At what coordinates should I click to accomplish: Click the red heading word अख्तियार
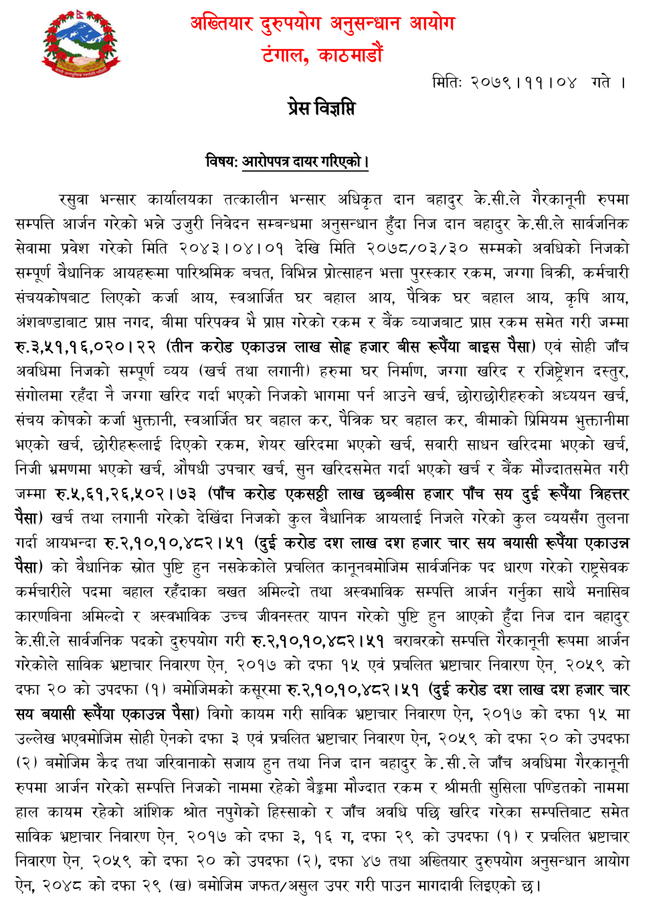tap(221, 24)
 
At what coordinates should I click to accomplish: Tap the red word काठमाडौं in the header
tap(351, 54)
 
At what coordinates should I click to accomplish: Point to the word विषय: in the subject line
tap(221, 162)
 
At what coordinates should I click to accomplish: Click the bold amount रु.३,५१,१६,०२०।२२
tap(85, 347)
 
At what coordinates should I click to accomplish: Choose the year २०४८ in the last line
tap(62, 886)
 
